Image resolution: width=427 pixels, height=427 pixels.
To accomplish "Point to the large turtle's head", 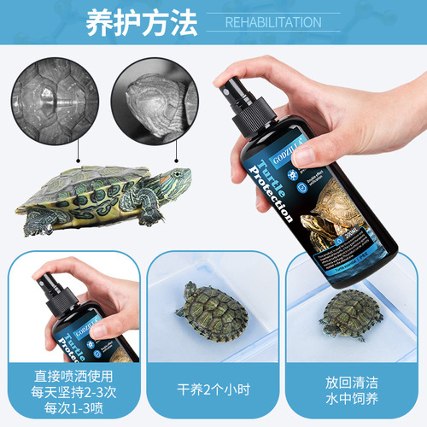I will [x=175, y=180].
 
